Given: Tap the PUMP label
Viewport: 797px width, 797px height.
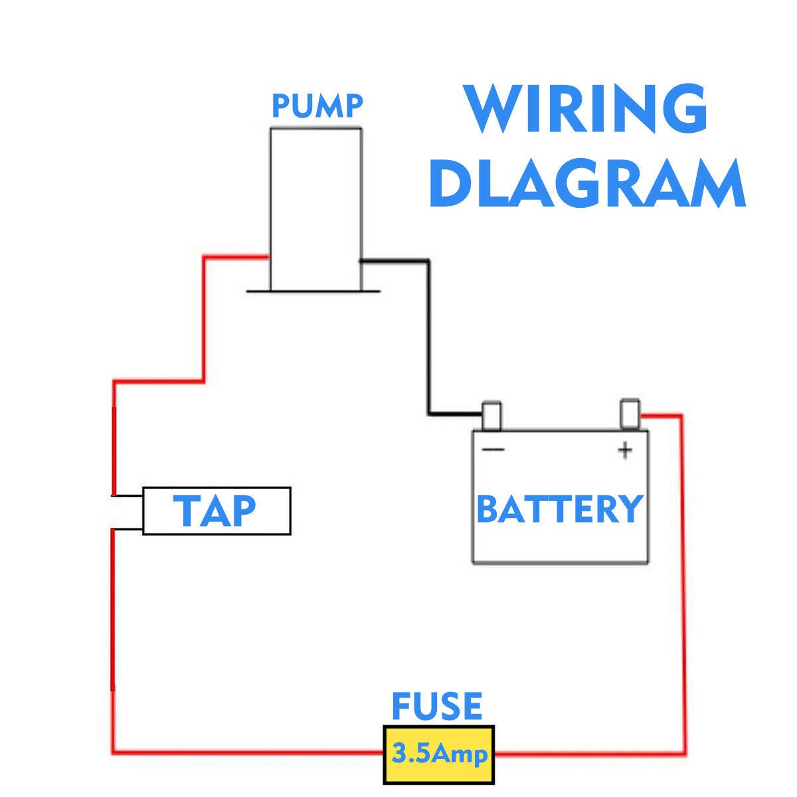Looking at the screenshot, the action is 317,106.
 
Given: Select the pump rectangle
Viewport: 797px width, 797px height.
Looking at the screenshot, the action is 316,209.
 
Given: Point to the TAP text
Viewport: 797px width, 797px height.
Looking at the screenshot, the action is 217,511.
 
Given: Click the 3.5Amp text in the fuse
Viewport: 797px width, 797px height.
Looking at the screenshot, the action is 439,754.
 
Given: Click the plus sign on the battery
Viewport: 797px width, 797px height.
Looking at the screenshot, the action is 625,450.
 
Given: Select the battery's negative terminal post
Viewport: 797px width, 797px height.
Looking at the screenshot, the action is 491,416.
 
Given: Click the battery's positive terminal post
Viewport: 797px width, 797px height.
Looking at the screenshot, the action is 630,414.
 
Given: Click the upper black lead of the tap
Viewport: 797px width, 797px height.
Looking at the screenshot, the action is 128,495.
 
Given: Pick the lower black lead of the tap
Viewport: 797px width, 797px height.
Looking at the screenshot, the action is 128,529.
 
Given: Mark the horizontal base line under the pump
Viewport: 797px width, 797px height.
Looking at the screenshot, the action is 313,292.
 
